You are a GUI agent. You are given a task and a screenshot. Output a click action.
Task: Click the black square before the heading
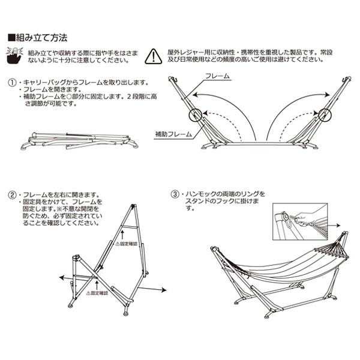(x=11, y=38)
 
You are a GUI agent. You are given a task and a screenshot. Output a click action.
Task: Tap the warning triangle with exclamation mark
(x=154, y=56)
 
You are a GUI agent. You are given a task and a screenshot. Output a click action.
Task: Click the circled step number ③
(x=175, y=195)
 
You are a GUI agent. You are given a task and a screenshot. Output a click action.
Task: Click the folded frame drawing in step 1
(x=78, y=139)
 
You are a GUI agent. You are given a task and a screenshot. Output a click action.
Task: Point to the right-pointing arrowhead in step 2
(x=164, y=290)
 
